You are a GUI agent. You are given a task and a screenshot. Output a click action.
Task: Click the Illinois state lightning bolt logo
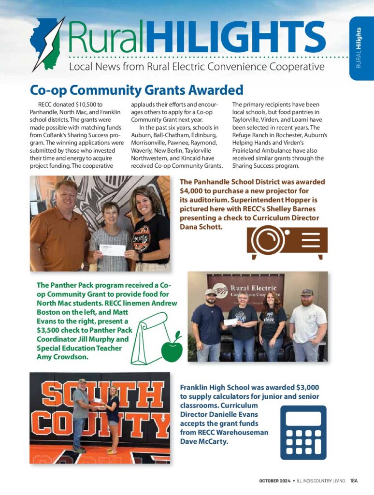tap(47, 44)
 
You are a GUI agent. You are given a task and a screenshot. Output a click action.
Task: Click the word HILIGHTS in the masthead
tap(235, 38)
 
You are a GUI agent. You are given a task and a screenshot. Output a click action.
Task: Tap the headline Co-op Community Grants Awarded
tap(136, 90)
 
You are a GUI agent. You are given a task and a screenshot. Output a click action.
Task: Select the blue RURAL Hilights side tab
tap(361, 48)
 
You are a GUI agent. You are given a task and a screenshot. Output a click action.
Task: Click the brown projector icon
tap(287, 241)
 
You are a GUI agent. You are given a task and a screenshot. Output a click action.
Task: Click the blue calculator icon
tap(303, 432)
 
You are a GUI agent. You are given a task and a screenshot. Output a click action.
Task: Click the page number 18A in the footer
tap(354, 480)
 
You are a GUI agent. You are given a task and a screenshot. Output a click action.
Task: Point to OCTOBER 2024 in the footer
tap(274, 480)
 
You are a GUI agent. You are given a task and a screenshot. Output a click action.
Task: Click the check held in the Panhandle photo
tap(112, 250)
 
